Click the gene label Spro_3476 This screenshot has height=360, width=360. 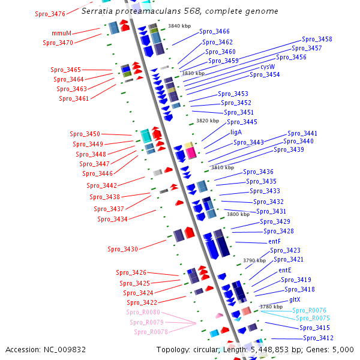[x=50, y=14]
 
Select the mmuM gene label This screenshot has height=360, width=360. [x=62, y=33]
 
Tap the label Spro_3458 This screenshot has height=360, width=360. [x=317, y=39]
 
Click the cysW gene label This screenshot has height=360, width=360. [x=268, y=67]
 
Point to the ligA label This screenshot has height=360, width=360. [x=236, y=132]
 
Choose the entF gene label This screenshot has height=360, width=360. [x=275, y=241]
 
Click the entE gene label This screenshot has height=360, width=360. [x=285, y=270]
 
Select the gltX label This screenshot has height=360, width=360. [x=295, y=299]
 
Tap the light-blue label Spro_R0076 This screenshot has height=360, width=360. [x=309, y=310]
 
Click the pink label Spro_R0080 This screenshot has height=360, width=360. [x=143, y=312]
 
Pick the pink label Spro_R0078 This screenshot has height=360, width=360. [x=151, y=332]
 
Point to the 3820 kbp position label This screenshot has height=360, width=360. [x=208, y=121]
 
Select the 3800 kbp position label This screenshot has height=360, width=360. [x=238, y=214]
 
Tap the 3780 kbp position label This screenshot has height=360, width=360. [x=271, y=307]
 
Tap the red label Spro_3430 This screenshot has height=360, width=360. [x=122, y=249]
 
